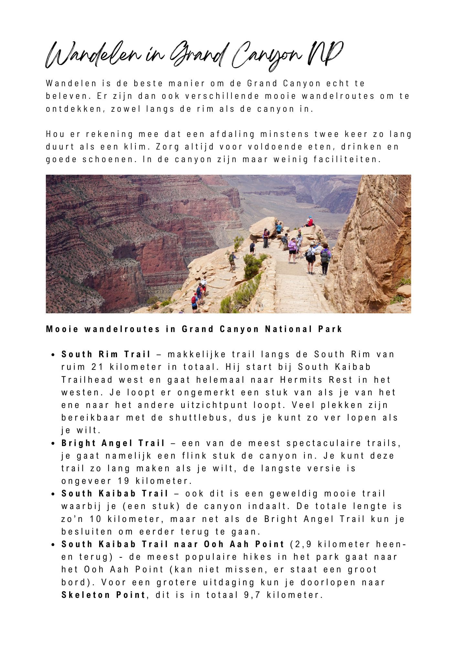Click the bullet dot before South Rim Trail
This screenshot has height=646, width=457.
[53, 355]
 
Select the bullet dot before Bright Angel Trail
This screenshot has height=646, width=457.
[53, 443]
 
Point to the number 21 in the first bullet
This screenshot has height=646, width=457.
[97, 367]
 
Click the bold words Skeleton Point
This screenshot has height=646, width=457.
[103, 595]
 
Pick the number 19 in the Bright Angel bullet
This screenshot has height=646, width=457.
[124, 481]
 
